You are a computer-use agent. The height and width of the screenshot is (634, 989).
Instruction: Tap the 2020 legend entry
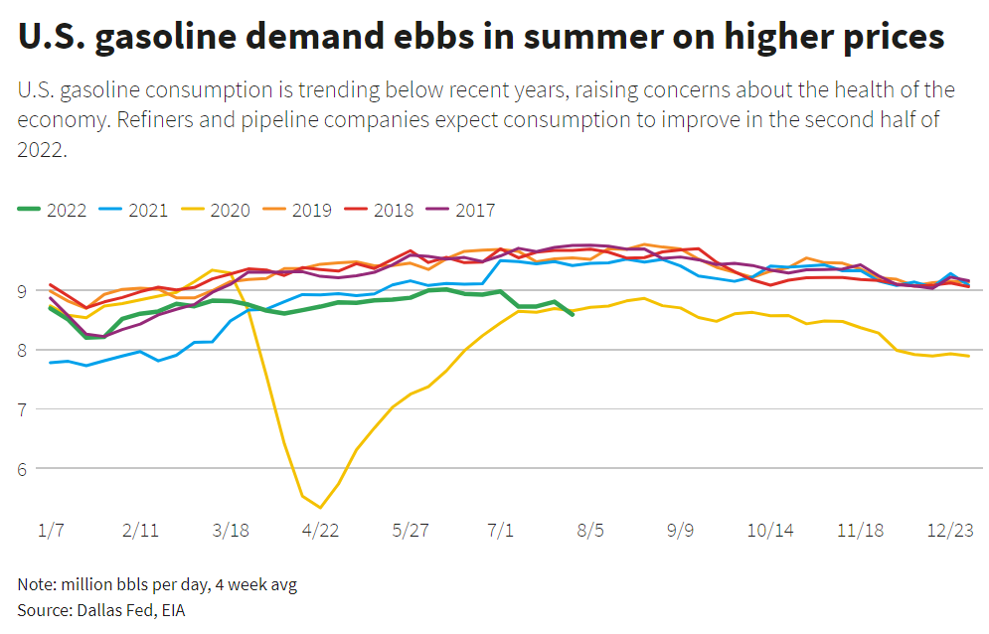(x=230, y=211)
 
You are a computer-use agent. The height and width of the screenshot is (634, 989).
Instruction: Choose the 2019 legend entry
(x=311, y=211)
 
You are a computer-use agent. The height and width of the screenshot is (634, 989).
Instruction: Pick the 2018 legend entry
(x=393, y=211)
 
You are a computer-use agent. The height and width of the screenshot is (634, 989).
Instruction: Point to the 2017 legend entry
(x=474, y=211)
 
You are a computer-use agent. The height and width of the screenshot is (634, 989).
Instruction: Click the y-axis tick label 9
(x=24, y=291)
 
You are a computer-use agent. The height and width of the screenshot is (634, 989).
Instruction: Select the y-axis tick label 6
(x=24, y=468)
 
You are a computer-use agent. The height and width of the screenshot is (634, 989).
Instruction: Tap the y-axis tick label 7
(x=24, y=409)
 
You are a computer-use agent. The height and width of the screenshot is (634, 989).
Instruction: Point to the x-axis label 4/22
(x=320, y=529)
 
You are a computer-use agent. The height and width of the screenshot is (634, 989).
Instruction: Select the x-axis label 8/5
(x=590, y=529)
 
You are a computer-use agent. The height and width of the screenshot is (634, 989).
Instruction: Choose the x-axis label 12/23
(x=950, y=529)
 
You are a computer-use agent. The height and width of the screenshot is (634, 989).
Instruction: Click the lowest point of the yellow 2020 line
(x=320, y=507)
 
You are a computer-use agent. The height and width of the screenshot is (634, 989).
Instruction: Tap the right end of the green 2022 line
(x=573, y=315)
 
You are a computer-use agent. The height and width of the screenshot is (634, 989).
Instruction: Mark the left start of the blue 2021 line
(x=50, y=363)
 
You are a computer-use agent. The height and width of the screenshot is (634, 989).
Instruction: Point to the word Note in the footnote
(x=35, y=584)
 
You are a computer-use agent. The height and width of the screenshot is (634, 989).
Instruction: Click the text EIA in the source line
(x=170, y=609)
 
